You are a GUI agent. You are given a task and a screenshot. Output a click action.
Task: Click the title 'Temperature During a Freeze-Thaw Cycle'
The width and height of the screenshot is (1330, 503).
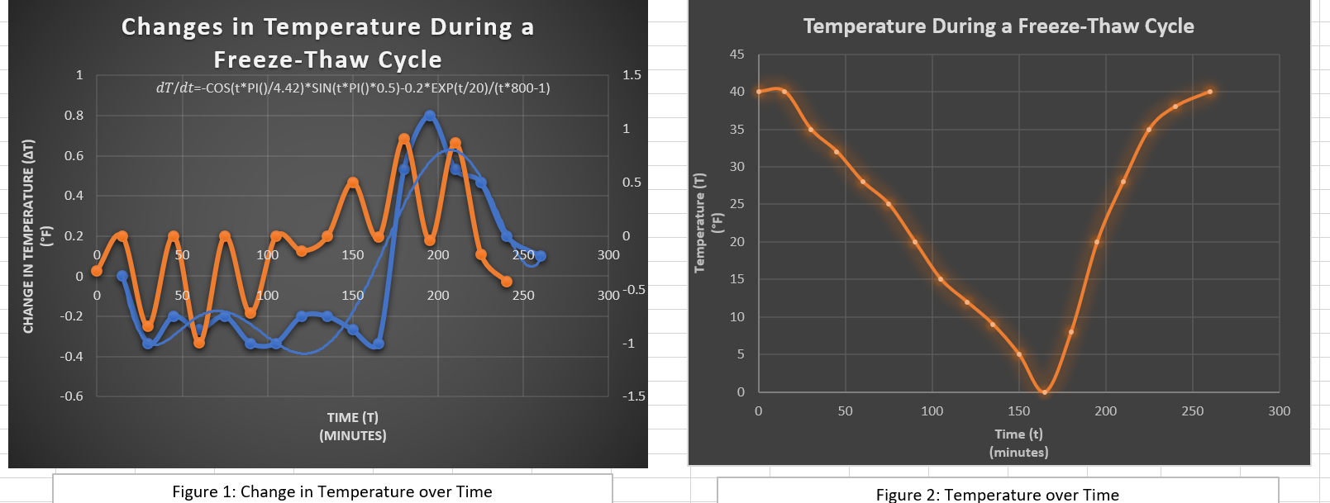coord(998,26)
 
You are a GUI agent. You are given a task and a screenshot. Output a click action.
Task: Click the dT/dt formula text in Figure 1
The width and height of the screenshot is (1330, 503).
coord(353,88)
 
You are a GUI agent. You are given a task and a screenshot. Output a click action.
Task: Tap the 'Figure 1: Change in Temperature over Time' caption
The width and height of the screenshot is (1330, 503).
coord(332,491)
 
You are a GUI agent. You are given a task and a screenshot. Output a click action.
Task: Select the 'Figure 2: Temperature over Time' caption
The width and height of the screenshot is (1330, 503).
coord(997,494)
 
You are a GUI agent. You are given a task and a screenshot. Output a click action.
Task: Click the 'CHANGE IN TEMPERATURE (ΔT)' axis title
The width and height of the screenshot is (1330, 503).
coord(29,236)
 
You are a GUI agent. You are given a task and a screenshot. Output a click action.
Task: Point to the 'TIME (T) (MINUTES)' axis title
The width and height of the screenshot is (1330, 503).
coord(353,426)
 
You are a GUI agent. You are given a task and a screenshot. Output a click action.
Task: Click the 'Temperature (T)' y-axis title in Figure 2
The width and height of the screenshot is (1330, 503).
coord(700,223)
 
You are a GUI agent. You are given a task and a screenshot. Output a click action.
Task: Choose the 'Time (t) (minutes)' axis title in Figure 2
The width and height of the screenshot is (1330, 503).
coord(1018,443)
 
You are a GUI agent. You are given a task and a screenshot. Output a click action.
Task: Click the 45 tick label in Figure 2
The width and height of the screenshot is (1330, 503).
coord(737,55)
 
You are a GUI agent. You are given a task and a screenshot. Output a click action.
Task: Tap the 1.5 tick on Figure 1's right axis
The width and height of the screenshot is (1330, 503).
coord(632,75)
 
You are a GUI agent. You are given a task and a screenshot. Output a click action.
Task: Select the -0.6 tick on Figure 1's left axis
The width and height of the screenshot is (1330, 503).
coord(72,396)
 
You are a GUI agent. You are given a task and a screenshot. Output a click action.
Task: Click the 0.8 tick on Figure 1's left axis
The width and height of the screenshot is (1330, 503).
coord(74,116)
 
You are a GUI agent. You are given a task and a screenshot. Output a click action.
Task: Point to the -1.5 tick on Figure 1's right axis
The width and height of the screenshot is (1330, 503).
coord(633,396)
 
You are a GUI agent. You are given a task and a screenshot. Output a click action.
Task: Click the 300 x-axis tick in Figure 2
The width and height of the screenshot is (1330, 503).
coord(1279,411)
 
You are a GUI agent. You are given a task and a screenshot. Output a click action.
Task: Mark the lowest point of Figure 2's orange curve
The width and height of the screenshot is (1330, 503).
coord(1045,392)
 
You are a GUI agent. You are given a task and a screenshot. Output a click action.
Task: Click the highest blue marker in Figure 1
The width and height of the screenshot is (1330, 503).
coord(430,116)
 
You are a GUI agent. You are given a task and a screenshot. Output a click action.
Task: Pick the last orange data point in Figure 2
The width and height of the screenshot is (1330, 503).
coord(1210,92)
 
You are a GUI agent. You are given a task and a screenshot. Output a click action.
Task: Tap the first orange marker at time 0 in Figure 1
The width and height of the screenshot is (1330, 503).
coord(97,271)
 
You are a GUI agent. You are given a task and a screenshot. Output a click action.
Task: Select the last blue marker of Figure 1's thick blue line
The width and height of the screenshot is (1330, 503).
coord(541,256)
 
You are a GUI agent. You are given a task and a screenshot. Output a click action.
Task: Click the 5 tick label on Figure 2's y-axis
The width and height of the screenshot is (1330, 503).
coord(741,354)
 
